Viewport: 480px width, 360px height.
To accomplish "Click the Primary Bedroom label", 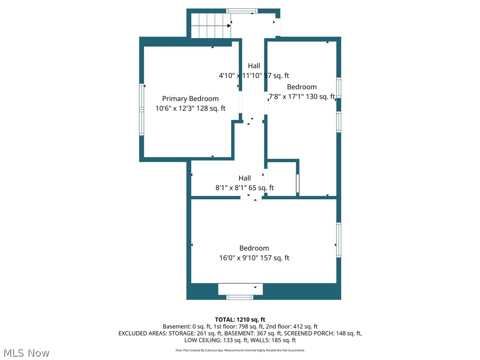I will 190,98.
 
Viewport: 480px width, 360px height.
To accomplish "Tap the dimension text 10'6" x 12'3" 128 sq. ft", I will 190,108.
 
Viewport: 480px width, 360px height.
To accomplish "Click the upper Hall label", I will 254,66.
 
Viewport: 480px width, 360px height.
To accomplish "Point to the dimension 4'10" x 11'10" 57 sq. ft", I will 254,75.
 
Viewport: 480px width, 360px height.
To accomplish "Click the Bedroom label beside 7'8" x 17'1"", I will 301,87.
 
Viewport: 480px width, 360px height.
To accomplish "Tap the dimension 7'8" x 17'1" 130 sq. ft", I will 301,97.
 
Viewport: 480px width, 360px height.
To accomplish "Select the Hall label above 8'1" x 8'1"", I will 245,178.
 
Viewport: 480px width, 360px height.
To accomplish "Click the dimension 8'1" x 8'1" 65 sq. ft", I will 245,188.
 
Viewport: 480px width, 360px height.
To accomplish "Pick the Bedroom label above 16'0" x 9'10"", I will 254,248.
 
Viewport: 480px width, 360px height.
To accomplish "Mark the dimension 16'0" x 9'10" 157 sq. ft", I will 254,258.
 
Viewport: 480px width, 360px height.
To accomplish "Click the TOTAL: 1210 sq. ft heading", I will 240,320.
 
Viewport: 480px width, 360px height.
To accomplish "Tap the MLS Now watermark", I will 26,352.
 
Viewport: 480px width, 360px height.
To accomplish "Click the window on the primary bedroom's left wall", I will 142,110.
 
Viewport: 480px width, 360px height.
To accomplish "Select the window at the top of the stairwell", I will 242,11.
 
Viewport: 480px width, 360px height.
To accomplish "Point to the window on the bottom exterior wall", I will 240,297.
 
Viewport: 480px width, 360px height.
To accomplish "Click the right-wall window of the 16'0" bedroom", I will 338,240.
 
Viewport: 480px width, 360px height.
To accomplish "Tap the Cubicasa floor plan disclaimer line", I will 240,350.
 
